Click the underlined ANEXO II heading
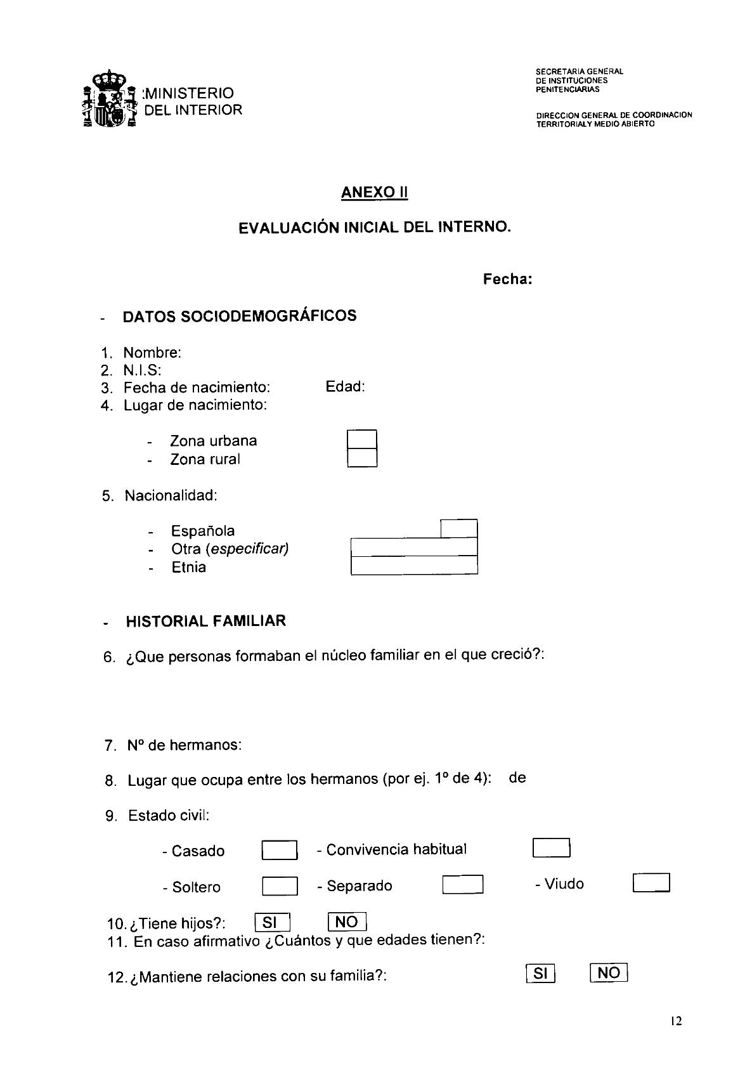[x=374, y=192]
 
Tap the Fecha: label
[x=507, y=279]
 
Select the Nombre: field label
[x=152, y=353]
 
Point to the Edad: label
[x=345, y=386]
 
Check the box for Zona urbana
[x=362, y=440]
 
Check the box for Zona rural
[x=362, y=458]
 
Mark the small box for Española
[x=458, y=529]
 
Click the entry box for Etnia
[x=413, y=566]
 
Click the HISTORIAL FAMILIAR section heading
[x=205, y=621]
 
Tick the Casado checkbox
[x=279, y=850]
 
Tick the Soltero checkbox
[x=279, y=885]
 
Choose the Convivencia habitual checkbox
[x=551, y=848]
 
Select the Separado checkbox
[x=462, y=884]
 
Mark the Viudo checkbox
[x=651, y=883]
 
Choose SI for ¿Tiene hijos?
[x=271, y=922]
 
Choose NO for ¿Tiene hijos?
[x=347, y=922]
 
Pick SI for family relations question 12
[x=540, y=973]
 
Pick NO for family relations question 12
[x=608, y=972]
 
